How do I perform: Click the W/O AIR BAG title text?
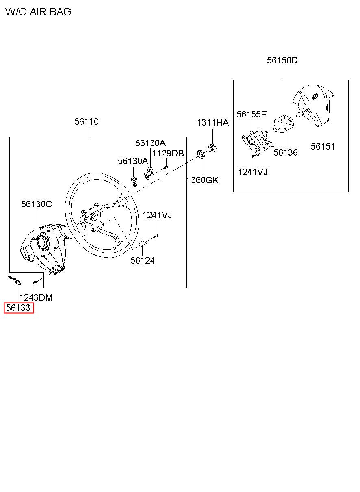[38, 12]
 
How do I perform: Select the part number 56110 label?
[86, 121]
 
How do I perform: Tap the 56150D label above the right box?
[282, 61]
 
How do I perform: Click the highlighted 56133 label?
[18, 308]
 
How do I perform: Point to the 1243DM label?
[36, 298]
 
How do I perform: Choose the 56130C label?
[37, 204]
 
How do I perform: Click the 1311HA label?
[213, 123]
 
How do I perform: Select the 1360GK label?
[202, 180]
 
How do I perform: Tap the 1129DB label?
[168, 153]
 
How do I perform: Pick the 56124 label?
[142, 260]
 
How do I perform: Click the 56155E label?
[252, 114]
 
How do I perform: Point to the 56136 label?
[285, 152]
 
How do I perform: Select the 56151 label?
[323, 146]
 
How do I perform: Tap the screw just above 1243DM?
[36, 281]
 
